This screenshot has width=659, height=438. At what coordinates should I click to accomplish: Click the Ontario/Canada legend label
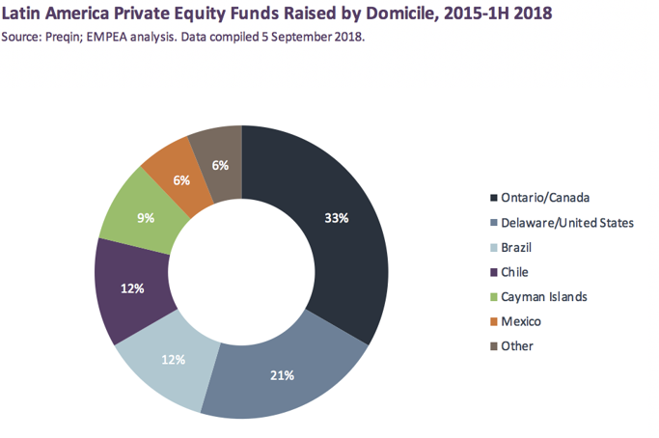[x=544, y=198]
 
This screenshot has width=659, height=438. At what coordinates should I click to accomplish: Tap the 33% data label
[x=337, y=218]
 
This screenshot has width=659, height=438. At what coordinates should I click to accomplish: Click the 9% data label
[x=146, y=218]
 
